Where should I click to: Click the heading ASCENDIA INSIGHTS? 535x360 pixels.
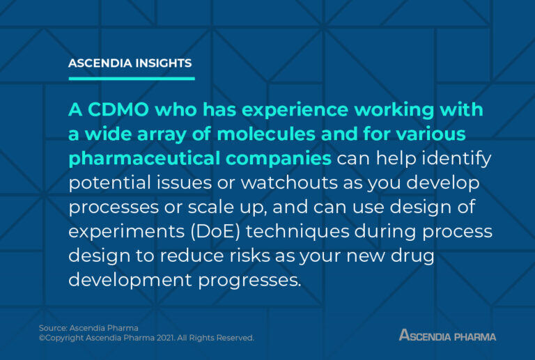(x=130, y=63)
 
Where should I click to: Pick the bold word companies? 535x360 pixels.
(x=279, y=158)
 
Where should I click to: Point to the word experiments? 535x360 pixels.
(x=119, y=230)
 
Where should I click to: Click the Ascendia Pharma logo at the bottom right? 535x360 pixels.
(x=447, y=335)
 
